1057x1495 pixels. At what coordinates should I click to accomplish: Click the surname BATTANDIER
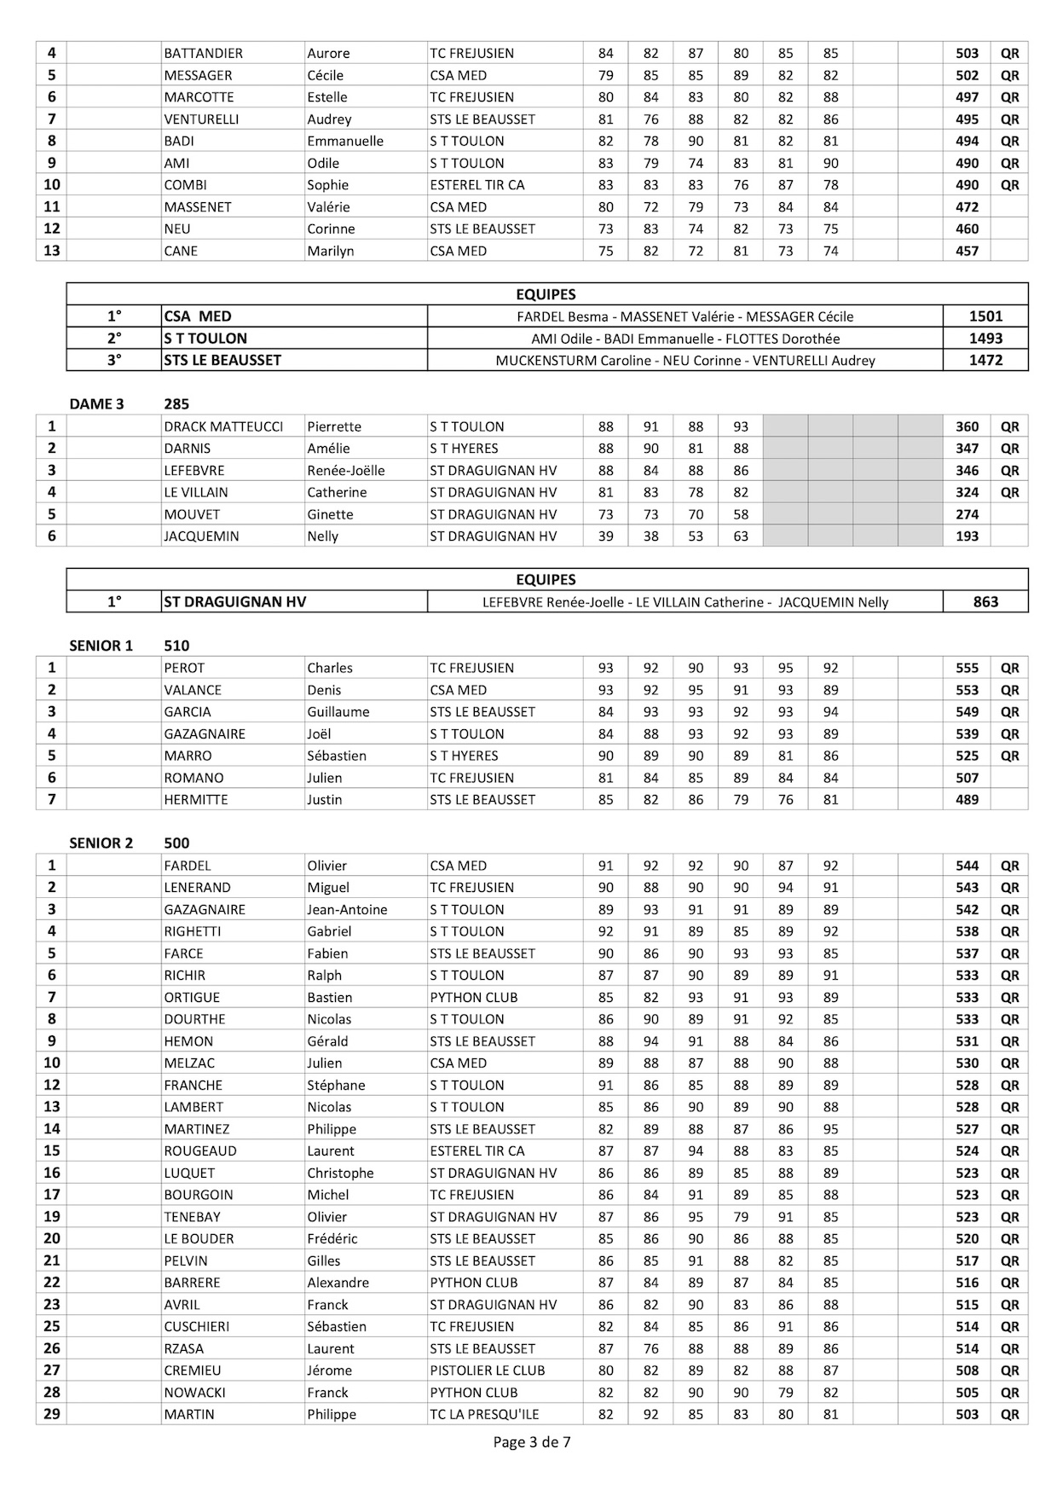pos(203,53)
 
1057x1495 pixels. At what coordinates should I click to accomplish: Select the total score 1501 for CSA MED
pos(985,316)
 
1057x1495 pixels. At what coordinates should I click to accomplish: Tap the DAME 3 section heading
pos(96,404)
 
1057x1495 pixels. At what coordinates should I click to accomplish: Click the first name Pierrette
pos(334,426)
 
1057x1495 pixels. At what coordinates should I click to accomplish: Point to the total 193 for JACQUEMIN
pos(967,536)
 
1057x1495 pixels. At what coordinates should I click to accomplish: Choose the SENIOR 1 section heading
pos(101,646)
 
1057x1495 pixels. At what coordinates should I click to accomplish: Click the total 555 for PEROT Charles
pos(967,668)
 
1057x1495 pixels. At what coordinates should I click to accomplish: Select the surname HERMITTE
pos(196,800)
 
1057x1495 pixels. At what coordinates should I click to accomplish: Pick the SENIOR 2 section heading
pos(101,843)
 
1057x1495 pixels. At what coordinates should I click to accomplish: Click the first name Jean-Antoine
pos(347,910)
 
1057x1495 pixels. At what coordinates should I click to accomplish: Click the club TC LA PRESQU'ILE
pos(484,1415)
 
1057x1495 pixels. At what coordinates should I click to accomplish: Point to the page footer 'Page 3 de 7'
pos(532,1443)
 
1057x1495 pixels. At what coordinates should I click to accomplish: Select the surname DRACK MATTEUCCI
pos(223,426)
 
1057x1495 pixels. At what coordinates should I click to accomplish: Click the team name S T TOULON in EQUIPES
pos(205,339)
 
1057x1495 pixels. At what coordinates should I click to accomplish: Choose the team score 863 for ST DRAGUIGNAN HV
pos(985,602)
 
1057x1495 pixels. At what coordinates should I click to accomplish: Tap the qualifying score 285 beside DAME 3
pos(176,404)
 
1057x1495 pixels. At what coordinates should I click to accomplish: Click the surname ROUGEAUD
pos(200,1151)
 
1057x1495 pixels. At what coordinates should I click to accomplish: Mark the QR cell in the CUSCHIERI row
pos(1009,1327)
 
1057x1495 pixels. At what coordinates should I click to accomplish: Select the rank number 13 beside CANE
pos(51,251)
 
